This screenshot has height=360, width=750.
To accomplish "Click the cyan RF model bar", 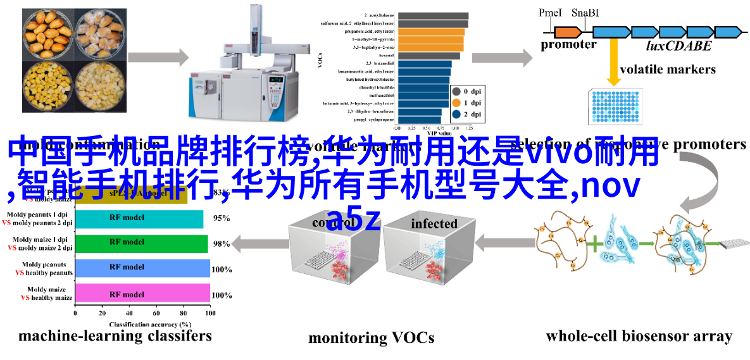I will (x=139, y=218).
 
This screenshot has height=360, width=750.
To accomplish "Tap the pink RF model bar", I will (x=142, y=295).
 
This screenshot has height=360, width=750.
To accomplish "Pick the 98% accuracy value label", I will (x=221, y=244).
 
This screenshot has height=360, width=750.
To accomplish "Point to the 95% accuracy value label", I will (x=221, y=218).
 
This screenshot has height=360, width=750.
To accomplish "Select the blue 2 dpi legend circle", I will (x=456, y=115).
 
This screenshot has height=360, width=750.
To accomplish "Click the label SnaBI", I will (x=585, y=13).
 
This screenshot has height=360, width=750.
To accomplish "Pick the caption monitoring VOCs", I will (x=371, y=338).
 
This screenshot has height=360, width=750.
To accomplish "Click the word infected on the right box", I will (x=434, y=223).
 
